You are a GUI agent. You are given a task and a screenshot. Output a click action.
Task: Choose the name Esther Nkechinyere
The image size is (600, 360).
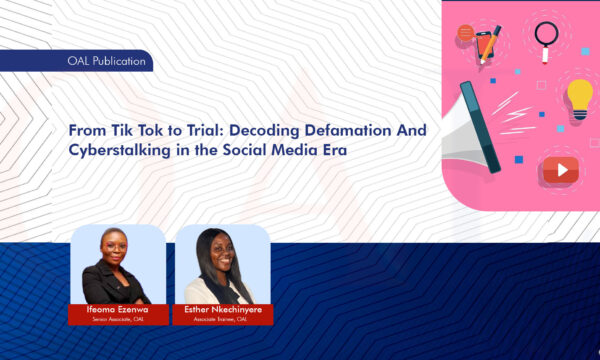tap(223, 308)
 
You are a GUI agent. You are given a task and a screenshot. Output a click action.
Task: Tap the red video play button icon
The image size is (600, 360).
tap(560, 170)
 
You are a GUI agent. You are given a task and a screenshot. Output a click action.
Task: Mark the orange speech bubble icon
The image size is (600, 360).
tap(465, 32)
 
